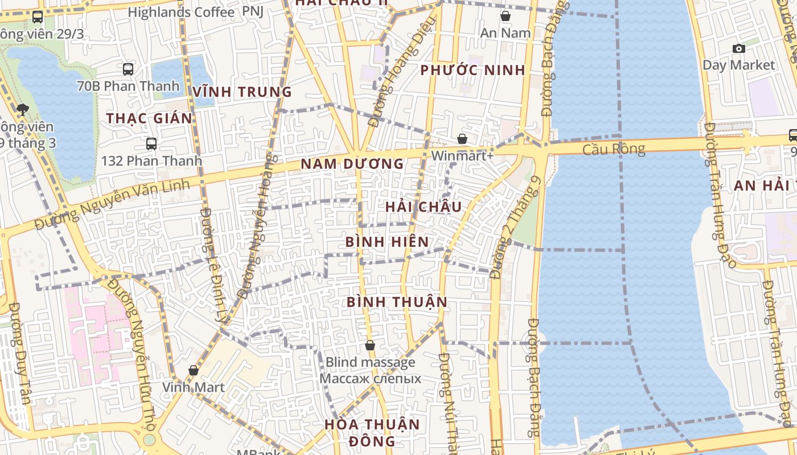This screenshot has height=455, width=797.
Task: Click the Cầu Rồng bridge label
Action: [614, 149]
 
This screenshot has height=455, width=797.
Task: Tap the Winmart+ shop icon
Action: [462, 139]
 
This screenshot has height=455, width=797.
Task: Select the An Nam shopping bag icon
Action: [505, 16]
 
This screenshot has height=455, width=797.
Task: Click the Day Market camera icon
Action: [738, 48]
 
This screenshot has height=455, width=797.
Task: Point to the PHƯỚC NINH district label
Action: [473, 71]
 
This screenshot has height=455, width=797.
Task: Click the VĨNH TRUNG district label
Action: [242, 92]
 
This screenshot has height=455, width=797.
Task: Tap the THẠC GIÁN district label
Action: [149, 118]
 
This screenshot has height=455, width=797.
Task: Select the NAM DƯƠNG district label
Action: [352, 164]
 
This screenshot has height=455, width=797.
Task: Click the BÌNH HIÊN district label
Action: [387, 242]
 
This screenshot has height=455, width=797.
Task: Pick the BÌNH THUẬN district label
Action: [397, 301]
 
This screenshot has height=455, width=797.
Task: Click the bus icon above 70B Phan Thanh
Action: [128, 69]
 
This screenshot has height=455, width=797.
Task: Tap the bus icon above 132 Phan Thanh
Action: [151, 144]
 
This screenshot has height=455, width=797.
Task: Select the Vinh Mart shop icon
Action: [194, 370]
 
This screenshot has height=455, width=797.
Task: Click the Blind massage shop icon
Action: [370, 345]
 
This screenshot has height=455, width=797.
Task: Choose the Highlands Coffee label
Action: [181, 12]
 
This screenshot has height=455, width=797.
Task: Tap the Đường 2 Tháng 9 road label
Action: [515, 227]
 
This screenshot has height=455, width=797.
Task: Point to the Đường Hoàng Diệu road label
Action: [401, 71]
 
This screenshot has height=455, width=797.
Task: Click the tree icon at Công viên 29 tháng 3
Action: [23, 110]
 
